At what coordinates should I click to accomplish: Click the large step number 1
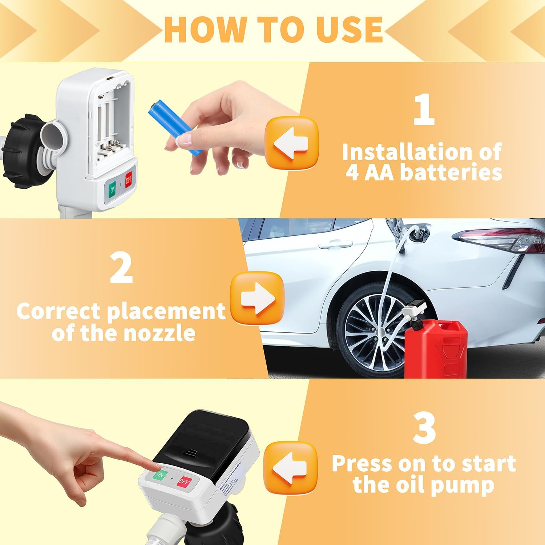(424, 109)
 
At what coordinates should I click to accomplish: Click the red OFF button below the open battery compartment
(129, 180)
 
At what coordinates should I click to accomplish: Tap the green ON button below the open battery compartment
(112, 189)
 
